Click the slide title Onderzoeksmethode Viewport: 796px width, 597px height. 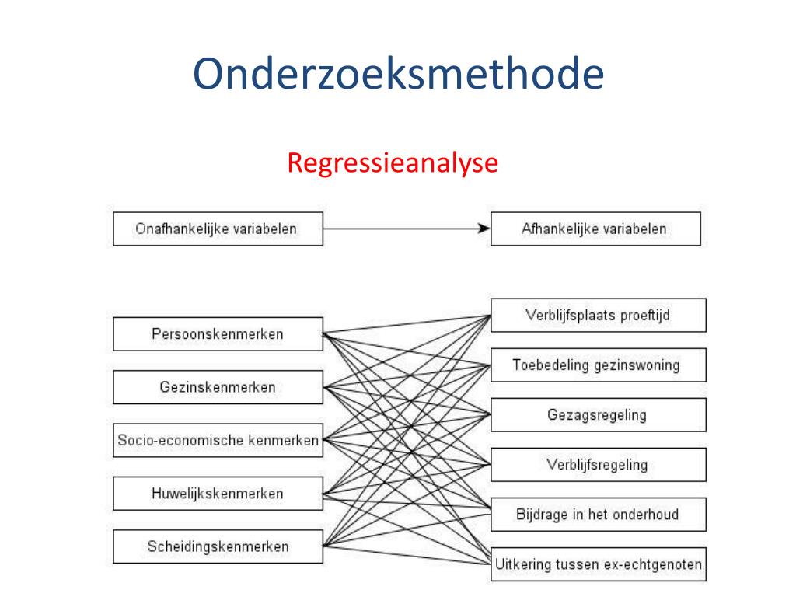pos(398,74)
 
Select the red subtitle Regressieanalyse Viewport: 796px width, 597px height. pos(393,163)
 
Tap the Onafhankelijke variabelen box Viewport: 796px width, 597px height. pos(218,229)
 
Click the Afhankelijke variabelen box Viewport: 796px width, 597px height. pos(595,229)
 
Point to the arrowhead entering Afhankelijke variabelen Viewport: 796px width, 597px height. pos(484,229)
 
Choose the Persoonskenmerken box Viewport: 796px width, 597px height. pos(218,334)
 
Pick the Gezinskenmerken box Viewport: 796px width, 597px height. pos(218,387)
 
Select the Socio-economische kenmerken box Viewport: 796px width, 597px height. pos(218,440)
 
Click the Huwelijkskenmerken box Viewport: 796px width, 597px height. pos(218,493)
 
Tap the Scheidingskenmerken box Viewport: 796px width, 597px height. pos(218,546)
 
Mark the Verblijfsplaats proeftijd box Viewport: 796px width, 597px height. pos(598,315)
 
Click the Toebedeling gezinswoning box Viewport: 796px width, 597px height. pos(598,365)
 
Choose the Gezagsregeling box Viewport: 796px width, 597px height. pos(598,415)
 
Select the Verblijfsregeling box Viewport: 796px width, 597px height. pos(598,465)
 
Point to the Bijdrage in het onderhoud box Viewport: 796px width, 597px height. pos(598,515)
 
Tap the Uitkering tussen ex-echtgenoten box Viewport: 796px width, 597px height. pos(598,564)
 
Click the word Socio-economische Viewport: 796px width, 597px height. pos(180,440)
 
